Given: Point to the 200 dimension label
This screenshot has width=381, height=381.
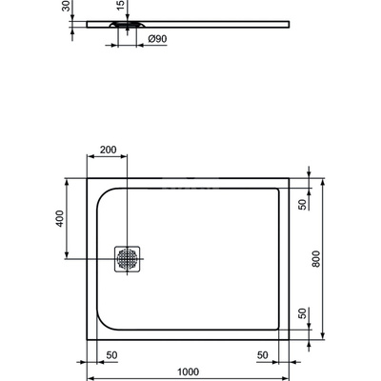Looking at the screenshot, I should [108, 150].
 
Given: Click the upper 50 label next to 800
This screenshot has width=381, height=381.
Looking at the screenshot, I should [301, 204].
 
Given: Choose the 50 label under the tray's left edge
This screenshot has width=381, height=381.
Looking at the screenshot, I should [111, 354].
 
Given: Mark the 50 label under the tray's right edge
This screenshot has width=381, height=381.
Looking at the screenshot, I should [262, 354].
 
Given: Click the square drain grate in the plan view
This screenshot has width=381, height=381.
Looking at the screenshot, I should [127, 258].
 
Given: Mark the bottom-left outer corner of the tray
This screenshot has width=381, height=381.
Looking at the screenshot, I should [88, 338].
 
